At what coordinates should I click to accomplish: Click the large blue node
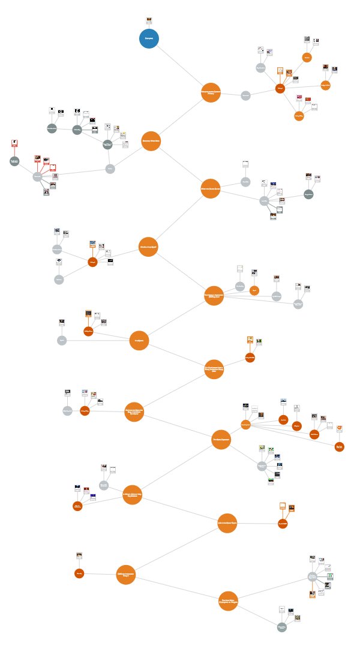149,38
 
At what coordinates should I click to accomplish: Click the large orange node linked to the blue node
210,92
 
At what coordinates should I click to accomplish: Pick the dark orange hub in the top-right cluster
280,88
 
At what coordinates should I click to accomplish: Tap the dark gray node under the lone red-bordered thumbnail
14,161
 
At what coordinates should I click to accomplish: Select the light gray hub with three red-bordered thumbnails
38,176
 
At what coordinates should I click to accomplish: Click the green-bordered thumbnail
331,576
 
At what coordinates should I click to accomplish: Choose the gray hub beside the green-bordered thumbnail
312,576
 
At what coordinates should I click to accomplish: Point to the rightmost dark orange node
340,446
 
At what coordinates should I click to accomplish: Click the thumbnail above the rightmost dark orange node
339,428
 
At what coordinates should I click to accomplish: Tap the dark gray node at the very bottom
282,627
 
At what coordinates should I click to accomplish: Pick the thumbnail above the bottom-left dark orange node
79,556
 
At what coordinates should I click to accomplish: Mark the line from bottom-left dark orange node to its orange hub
100,574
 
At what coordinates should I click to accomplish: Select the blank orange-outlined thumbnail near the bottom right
283,506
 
